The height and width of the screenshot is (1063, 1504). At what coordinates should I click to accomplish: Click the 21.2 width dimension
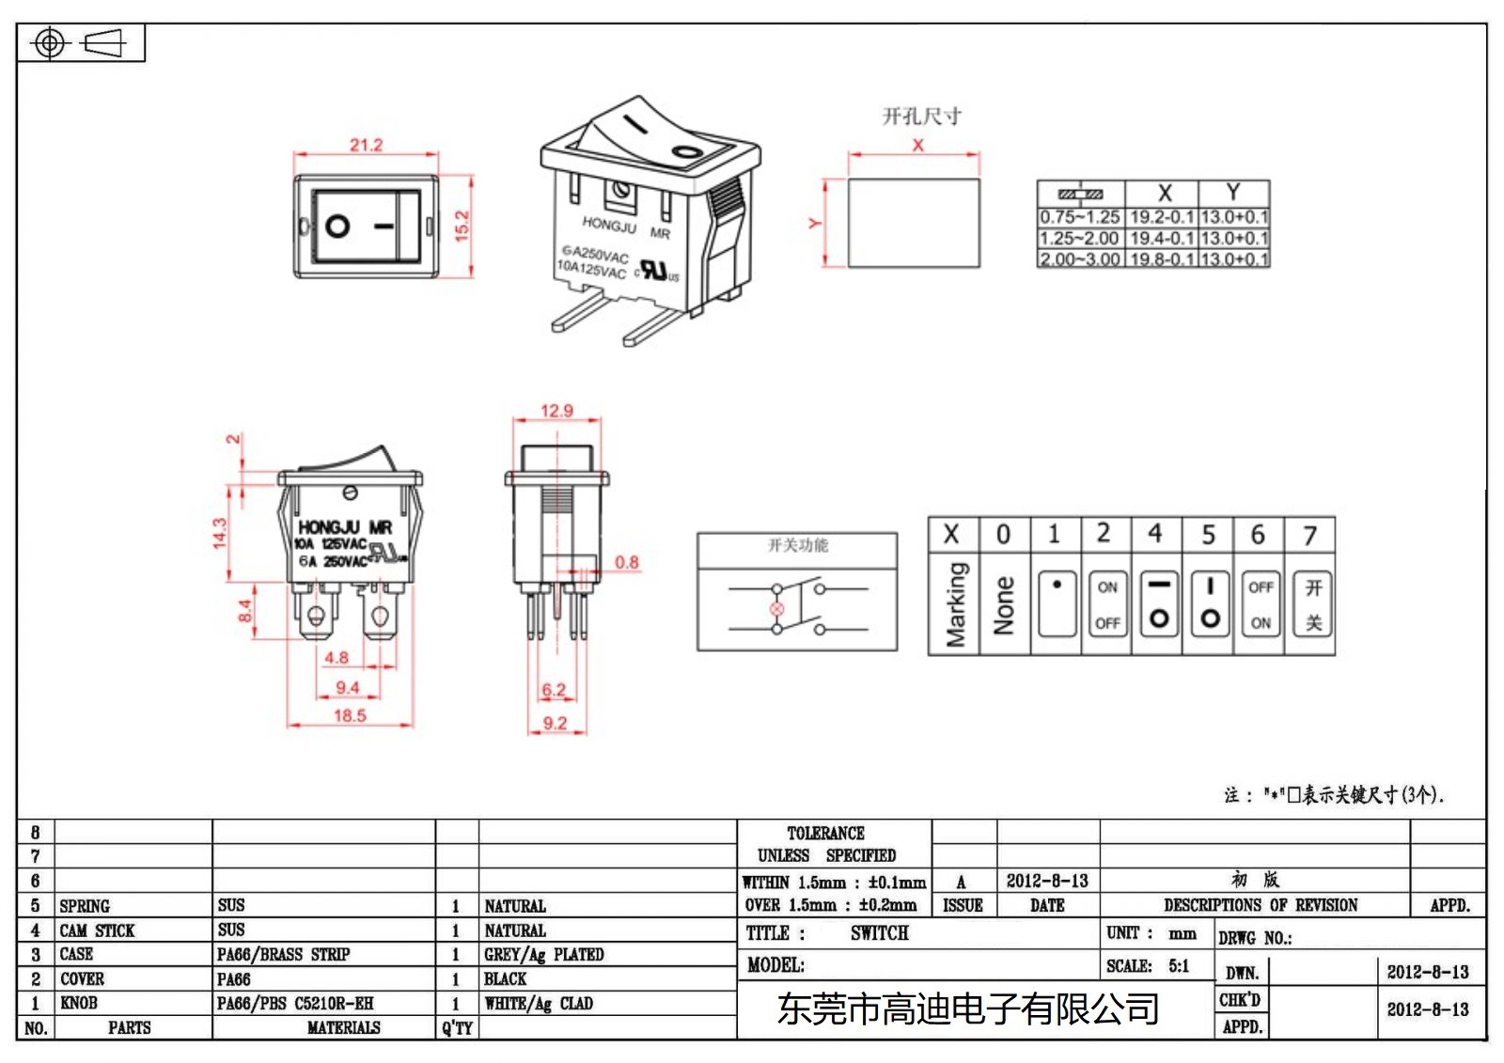366,145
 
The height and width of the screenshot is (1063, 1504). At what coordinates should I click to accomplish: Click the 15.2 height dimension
462,226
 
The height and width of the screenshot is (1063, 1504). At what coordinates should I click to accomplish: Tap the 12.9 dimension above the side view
556,411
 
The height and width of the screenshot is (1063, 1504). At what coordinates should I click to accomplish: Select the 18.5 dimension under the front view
350,715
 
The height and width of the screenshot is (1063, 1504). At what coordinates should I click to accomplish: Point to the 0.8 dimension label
627,562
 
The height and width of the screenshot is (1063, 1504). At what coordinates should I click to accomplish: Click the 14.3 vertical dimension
220,533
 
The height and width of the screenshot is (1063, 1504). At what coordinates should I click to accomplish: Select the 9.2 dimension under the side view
555,723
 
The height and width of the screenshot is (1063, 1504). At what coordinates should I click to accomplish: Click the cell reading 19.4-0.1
1161,239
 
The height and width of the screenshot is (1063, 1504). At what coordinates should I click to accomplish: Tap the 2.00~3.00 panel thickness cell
1079,259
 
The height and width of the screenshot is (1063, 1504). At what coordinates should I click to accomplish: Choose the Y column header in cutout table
1233,192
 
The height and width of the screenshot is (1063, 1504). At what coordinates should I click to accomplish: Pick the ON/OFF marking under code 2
1107,604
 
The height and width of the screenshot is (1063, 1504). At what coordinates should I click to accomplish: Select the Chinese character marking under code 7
1313,604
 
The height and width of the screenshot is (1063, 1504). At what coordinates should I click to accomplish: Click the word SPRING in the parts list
85,906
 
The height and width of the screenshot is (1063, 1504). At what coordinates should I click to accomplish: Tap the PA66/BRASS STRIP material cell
283,955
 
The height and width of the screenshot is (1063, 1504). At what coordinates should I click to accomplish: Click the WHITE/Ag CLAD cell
539,1004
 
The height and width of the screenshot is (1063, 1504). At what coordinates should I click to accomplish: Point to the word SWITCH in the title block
879,933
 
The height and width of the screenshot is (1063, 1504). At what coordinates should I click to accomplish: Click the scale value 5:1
1179,965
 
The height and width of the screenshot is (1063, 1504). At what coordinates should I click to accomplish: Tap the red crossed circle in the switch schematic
776,609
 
